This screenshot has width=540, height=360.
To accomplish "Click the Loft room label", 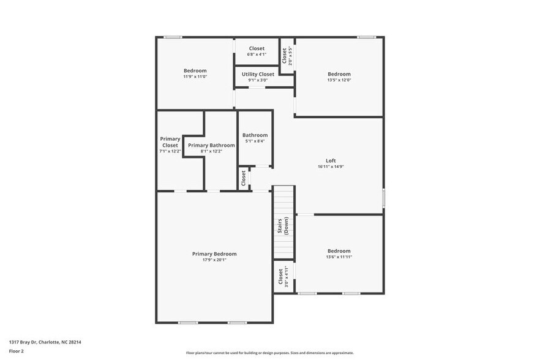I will (x=331, y=160).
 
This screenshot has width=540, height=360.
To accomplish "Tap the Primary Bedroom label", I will (x=214, y=253).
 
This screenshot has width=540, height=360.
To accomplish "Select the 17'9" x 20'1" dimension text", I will (x=214, y=260).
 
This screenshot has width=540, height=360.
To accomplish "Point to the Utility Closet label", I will (x=258, y=74).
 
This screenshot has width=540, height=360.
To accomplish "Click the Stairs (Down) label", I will (x=283, y=227).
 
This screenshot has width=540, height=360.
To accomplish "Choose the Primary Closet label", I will (x=170, y=142).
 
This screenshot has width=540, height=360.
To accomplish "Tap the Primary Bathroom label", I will (x=211, y=145).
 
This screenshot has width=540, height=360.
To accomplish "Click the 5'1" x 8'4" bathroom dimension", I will (x=255, y=141).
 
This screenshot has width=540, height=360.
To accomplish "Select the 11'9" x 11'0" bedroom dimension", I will (x=195, y=77).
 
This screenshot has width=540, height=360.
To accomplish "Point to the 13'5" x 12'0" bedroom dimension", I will (x=339, y=80).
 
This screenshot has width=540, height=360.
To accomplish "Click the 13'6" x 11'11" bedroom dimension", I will (x=339, y=257).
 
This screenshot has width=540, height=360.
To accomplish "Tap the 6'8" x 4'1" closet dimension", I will (x=257, y=54).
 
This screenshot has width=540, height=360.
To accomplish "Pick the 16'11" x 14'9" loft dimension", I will (x=331, y=167).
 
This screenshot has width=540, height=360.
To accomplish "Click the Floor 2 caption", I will (x=16, y=351).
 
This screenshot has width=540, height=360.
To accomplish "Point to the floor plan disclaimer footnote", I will (x=269, y=353).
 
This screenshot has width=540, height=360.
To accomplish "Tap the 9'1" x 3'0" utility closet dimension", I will (x=258, y=80).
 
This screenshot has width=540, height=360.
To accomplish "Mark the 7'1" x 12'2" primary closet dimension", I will (x=170, y=151).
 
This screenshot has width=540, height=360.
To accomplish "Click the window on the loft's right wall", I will (x=384, y=198).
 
